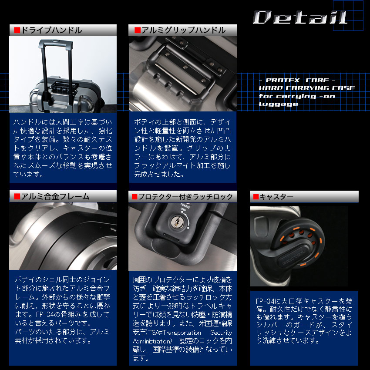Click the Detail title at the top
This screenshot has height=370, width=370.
(300, 17)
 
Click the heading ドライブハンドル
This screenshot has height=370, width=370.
(51, 30)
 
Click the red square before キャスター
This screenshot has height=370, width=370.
(256, 197)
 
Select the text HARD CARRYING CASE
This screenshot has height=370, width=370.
(306, 88)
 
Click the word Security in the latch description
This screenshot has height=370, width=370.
(224, 333)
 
